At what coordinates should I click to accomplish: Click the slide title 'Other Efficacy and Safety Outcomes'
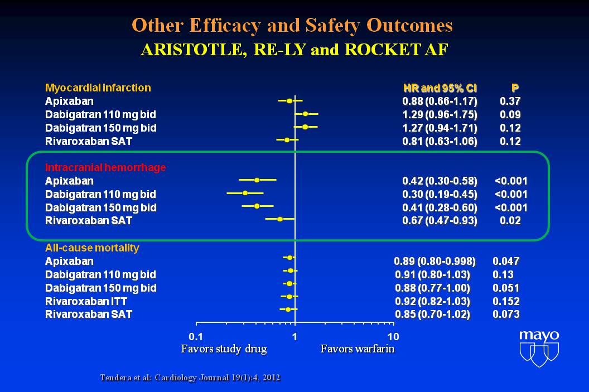coord(292,25)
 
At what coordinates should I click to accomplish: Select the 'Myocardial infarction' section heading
coord(98,88)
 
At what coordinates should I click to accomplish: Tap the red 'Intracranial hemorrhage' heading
coord(105,167)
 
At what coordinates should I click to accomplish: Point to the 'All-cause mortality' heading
coord(92,248)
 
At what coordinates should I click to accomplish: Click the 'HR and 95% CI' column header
coord(440,88)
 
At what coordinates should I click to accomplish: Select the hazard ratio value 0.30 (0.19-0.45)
coord(440,194)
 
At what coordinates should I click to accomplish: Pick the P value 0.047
coord(506,261)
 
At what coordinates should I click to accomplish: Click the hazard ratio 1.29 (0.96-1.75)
coord(440,114)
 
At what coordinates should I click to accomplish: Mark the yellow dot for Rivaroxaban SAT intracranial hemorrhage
coord(280,220)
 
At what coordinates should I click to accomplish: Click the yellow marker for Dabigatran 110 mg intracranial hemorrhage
coord(245,193)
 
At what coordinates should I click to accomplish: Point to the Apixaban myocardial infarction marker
coord(289,101)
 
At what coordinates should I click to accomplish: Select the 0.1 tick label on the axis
coord(196,336)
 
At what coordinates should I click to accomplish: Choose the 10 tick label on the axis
coord(393,336)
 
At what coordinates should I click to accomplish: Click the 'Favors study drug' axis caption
coord(224,349)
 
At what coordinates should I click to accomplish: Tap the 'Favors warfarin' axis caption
coord(358,349)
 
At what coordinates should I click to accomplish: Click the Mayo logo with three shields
coord(538,348)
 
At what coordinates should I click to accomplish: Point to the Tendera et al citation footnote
coord(190,378)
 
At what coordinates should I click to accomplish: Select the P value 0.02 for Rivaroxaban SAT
coord(510,221)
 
